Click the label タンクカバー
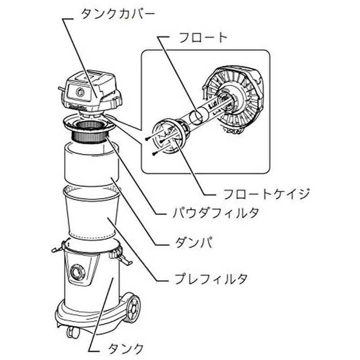(118, 14)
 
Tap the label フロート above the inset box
(203, 38)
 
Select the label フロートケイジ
(266, 194)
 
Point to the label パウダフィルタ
(216, 212)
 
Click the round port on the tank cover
(80, 92)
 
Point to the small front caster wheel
(73, 333)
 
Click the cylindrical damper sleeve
(92, 163)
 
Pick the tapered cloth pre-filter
(92, 212)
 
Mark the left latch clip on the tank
(58, 248)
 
